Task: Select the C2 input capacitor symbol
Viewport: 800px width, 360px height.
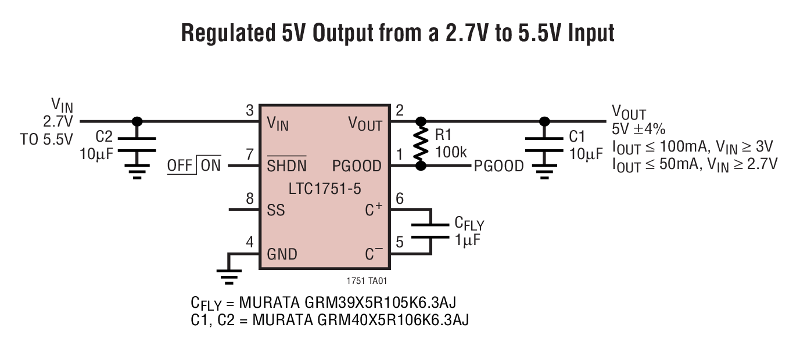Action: click(x=137, y=145)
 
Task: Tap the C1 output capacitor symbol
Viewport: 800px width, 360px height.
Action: click(x=544, y=145)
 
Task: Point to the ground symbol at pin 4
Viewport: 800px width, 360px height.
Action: click(x=229, y=276)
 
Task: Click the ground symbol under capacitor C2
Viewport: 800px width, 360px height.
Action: click(x=137, y=171)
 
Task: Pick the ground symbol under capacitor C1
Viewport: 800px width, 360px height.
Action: click(x=544, y=171)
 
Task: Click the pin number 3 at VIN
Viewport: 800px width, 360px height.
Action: click(x=249, y=111)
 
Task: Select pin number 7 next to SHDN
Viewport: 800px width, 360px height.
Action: click(x=249, y=155)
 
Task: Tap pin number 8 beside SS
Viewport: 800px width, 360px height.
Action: click(x=249, y=199)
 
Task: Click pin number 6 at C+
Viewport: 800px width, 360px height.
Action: click(x=399, y=199)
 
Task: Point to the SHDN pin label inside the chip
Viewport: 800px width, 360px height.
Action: click(x=286, y=166)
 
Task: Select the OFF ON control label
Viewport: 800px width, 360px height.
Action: click(x=194, y=165)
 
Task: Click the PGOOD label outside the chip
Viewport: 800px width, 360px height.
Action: click(x=498, y=167)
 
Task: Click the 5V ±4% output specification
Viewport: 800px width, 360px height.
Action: click(x=638, y=129)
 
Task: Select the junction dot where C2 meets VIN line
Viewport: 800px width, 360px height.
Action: click(x=137, y=121)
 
